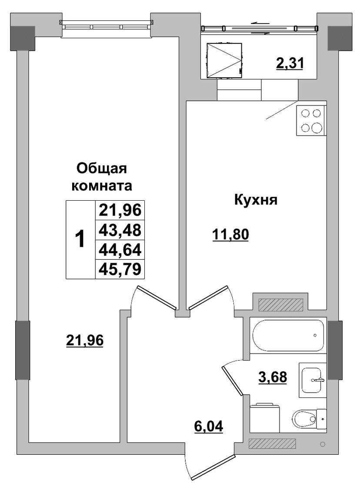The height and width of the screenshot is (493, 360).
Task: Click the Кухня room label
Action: pos(256,200)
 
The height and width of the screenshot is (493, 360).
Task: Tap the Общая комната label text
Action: pos(102,177)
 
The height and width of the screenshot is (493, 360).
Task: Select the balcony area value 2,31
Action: pos(290,63)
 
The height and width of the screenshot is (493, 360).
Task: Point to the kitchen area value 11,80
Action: pos(231,235)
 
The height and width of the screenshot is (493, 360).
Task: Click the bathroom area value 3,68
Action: pos(273,377)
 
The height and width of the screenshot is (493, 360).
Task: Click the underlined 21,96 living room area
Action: pos(85,340)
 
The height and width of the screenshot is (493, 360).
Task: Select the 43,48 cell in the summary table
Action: pos(120,230)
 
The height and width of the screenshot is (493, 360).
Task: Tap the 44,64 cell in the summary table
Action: pos(120,250)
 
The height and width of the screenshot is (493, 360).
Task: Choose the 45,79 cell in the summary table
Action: pos(120,269)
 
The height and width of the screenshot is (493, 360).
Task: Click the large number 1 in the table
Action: pos(80,239)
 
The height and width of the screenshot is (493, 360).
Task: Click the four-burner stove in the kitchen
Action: pos(311,120)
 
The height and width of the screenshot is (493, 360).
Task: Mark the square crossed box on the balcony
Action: pos(224,60)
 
